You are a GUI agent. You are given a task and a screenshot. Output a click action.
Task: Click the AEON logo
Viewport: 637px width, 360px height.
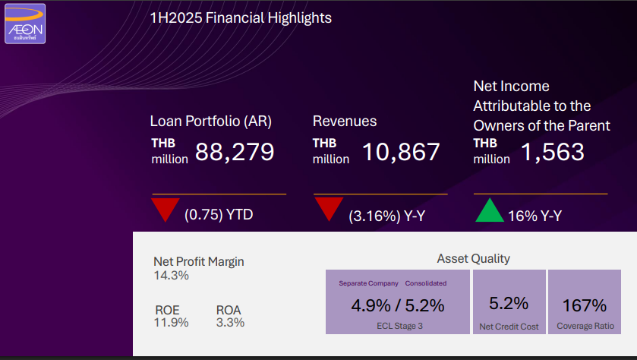[x=25, y=24]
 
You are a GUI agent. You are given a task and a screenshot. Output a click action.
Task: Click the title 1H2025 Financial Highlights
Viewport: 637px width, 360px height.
[x=241, y=17]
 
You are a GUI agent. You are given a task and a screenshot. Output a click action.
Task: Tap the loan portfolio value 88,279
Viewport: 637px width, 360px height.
[x=234, y=151]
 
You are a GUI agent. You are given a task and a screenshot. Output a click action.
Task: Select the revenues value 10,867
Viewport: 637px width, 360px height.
[x=400, y=151]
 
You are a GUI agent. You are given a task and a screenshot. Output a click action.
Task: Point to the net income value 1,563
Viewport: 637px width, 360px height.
[x=552, y=151]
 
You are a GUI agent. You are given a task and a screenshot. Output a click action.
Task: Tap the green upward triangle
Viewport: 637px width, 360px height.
[x=490, y=210]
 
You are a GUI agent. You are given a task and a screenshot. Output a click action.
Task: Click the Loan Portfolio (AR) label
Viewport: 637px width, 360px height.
[x=210, y=121]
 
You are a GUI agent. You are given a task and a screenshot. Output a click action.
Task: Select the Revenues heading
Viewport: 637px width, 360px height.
[x=345, y=121]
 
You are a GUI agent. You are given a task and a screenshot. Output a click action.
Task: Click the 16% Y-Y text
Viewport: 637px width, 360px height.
[x=535, y=216]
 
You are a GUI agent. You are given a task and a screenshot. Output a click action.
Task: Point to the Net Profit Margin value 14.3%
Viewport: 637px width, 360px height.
[x=171, y=275]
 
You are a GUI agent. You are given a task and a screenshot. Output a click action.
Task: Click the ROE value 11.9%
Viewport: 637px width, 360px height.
[x=172, y=322]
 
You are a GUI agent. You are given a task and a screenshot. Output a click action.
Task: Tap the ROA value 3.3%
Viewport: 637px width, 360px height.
[x=230, y=322]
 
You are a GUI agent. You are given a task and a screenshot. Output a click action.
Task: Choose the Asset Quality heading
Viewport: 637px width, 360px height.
[x=473, y=258]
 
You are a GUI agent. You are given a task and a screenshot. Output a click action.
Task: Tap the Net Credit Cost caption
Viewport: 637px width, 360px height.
[x=509, y=327]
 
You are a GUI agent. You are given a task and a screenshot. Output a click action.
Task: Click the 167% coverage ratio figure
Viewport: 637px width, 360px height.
[x=584, y=306]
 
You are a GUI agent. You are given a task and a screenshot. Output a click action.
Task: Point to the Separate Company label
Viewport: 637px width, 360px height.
[x=368, y=283]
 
